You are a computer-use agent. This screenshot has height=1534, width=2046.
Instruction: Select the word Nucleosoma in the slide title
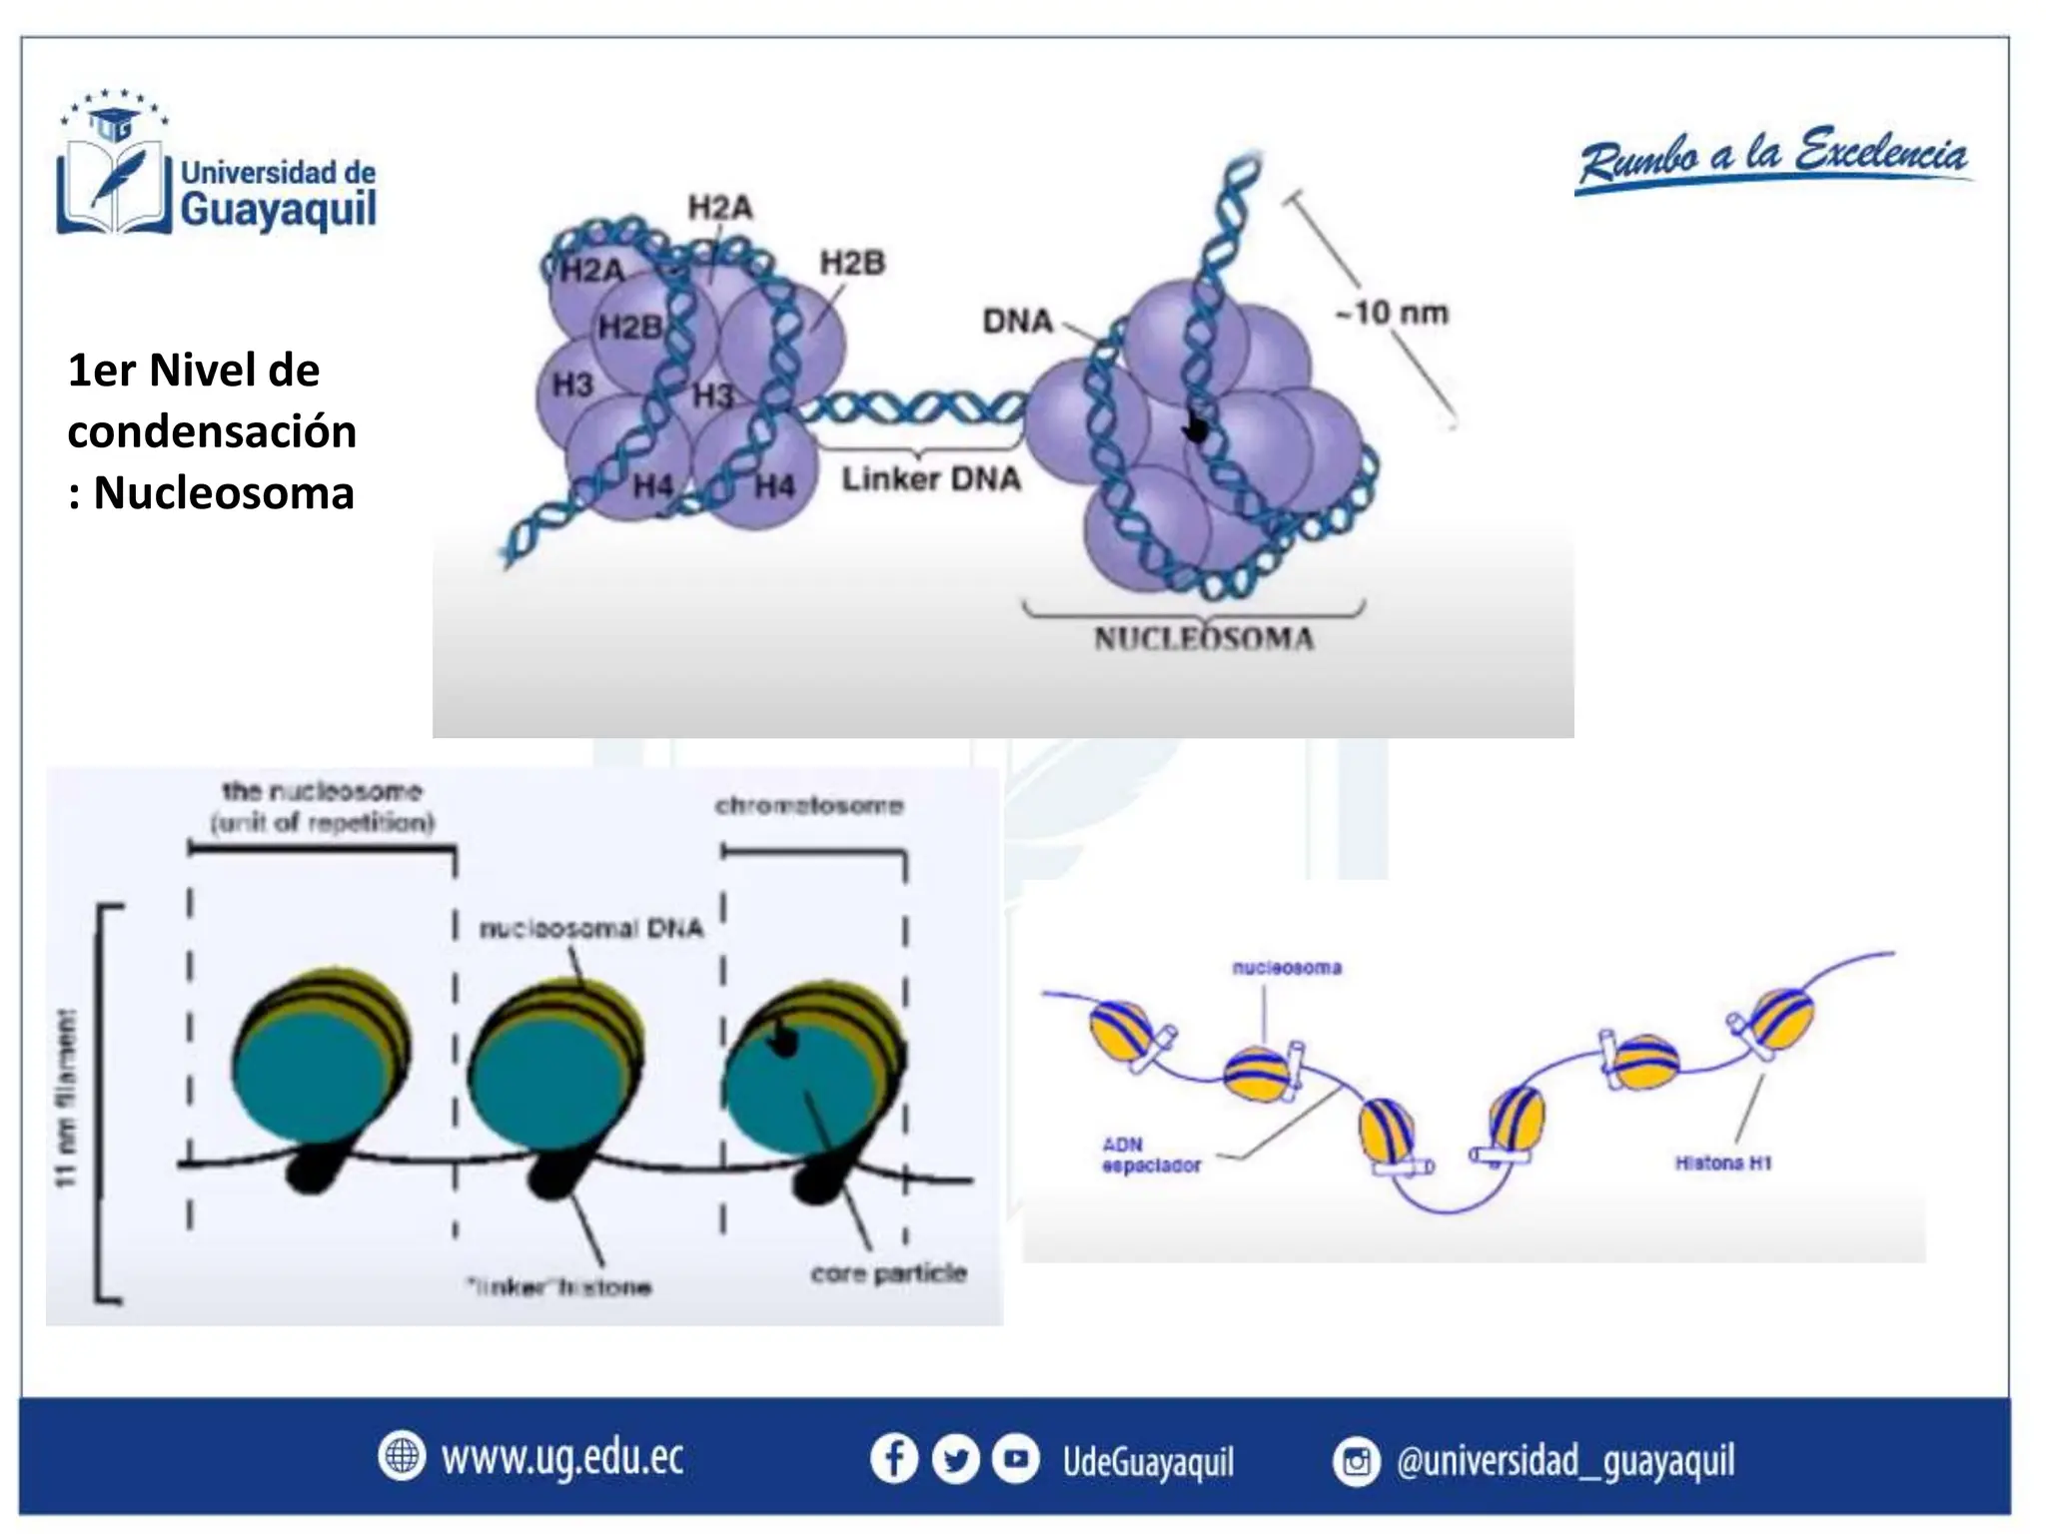pyautogui.click(x=224, y=493)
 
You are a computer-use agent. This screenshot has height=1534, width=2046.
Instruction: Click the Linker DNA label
pyautogui.click(x=930, y=479)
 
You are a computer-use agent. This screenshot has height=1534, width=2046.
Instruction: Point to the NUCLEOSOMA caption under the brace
pyautogui.click(x=1203, y=639)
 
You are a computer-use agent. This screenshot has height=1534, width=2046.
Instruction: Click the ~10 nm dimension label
pyautogui.click(x=1392, y=314)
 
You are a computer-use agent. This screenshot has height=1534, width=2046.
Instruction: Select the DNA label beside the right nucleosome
pyautogui.click(x=1017, y=322)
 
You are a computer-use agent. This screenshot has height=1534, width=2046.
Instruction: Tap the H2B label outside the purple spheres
pyautogui.click(x=852, y=264)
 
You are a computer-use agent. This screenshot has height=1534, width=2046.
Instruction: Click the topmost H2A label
pyautogui.click(x=719, y=208)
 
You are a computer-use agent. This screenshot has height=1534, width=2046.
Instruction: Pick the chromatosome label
pyautogui.click(x=809, y=806)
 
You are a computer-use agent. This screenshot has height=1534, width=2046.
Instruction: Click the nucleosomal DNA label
pyautogui.click(x=591, y=929)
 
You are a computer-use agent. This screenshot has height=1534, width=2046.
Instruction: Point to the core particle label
pyautogui.click(x=888, y=1273)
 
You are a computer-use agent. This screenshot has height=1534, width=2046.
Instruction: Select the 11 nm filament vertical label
pyautogui.click(x=66, y=1099)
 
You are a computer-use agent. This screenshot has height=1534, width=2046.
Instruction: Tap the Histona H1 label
pyautogui.click(x=1723, y=1162)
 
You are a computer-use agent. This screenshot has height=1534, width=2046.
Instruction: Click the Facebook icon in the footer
pyautogui.click(x=894, y=1459)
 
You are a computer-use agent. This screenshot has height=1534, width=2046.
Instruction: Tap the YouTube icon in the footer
pyautogui.click(x=1016, y=1459)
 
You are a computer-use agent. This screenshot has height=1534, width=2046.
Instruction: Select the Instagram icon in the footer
pyautogui.click(x=1356, y=1462)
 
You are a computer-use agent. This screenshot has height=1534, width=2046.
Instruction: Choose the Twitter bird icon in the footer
pyautogui.click(x=955, y=1460)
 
